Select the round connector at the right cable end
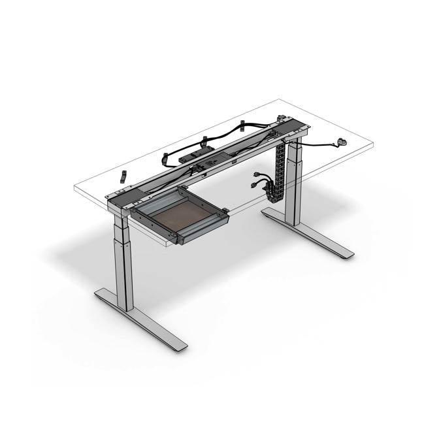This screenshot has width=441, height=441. pos(341,141)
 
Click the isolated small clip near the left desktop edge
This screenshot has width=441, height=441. pos(122,176)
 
